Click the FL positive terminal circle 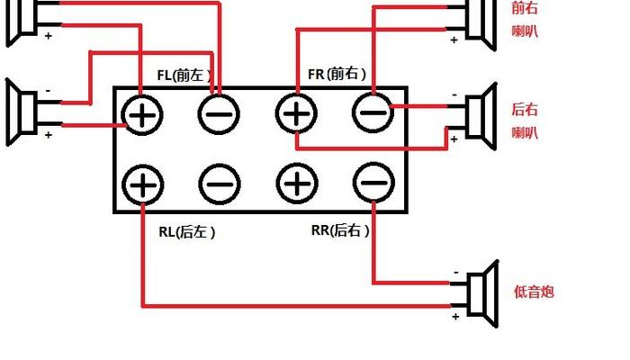[x=142, y=116]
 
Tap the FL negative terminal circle [x=219, y=114]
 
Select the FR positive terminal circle [x=296, y=113]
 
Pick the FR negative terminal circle [x=373, y=112]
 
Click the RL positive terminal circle [x=142, y=184]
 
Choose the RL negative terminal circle [x=220, y=184]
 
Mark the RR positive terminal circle [x=297, y=184]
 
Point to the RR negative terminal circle [x=373, y=183]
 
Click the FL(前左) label [x=184, y=75]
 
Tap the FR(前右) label [x=337, y=74]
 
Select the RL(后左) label [x=187, y=232]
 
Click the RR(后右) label [x=340, y=230]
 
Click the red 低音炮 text [x=534, y=292]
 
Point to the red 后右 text [x=525, y=110]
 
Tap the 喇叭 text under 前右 [x=525, y=31]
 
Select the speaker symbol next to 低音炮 [x=483, y=293]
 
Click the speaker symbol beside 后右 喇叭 [x=481, y=116]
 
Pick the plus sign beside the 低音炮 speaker [x=455, y=317]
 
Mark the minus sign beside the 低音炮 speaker [x=456, y=273]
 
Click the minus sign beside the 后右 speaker [x=454, y=95]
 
